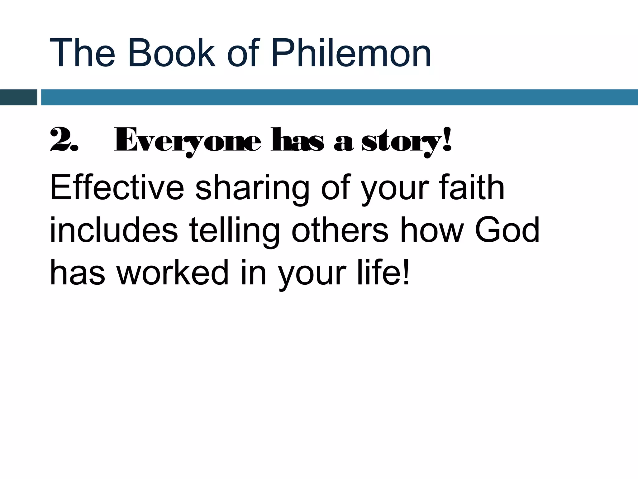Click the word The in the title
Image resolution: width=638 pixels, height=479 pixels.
82,53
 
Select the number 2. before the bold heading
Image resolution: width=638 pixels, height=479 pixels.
64,140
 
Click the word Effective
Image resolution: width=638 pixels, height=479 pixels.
117,188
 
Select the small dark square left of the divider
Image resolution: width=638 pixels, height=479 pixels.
18,97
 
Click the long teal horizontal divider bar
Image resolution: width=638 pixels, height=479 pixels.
340,97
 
